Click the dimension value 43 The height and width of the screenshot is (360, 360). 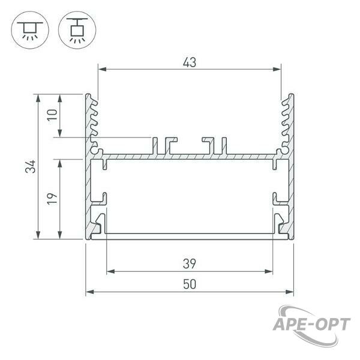190,62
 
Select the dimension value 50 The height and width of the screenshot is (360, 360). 190,284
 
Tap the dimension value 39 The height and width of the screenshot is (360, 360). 190,264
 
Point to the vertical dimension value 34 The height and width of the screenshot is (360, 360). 31,166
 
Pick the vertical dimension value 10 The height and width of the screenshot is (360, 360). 52,115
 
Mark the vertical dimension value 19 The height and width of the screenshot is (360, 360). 52,199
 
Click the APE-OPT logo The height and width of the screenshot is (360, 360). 311,325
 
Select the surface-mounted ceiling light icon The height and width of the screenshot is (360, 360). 30,30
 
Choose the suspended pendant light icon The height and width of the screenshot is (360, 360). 77,30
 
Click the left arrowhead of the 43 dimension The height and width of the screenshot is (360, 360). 102,69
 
